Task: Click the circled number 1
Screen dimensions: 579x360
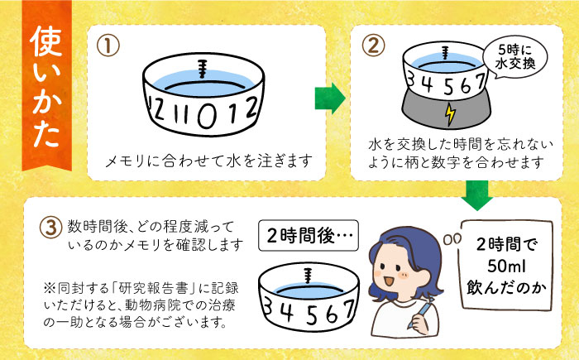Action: click(108, 46)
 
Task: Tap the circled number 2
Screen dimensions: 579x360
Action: click(373, 46)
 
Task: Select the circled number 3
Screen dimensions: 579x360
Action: click(50, 228)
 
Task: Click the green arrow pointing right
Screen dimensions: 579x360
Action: click(330, 98)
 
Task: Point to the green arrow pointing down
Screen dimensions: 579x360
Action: click(477, 195)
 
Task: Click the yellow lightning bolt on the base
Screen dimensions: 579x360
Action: click(450, 114)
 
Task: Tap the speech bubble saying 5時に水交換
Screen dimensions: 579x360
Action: click(514, 59)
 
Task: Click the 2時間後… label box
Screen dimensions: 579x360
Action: click(309, 235)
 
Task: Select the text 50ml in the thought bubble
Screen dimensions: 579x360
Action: click(506, 266)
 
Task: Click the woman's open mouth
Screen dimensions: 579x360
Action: click(389, 281)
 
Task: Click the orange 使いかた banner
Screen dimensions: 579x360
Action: click(47, 86)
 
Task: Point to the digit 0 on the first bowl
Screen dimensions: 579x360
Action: click(207, 116)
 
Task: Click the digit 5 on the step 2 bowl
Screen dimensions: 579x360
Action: click(449, 87)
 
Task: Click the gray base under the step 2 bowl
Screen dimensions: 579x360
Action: click(447, 110)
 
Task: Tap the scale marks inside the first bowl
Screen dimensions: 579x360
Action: click(202, 70)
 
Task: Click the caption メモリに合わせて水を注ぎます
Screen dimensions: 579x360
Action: click(209, 162)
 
